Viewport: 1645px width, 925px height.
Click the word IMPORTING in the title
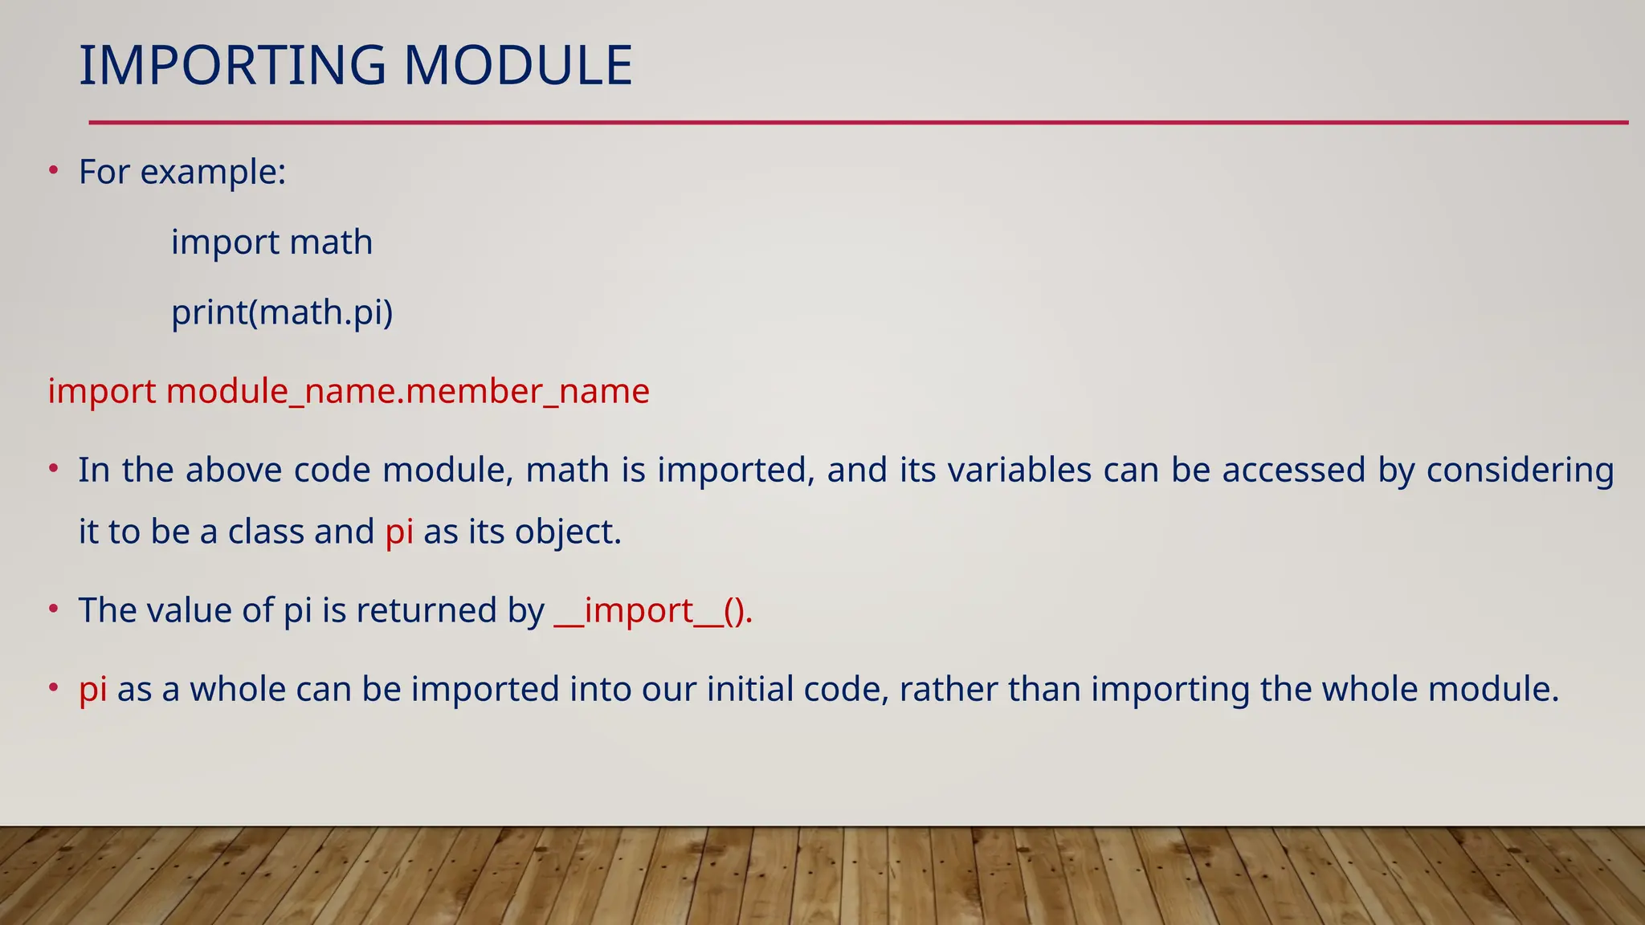point(233,66)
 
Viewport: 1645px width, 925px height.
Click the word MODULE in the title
point(518,66)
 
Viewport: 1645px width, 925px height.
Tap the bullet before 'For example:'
point(53,171)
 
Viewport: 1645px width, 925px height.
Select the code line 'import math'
point(271,242)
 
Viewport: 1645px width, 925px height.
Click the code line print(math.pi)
point(282,312)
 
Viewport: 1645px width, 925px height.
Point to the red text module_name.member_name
point(407,392)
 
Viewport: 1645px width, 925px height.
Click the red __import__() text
point(653,611)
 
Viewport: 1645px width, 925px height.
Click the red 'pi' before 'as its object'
point(399,532)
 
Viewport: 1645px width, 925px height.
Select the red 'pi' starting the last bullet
point(92,690)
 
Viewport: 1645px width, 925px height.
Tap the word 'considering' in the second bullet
point(1520,471)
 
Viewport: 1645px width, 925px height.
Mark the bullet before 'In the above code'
point(53,469)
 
